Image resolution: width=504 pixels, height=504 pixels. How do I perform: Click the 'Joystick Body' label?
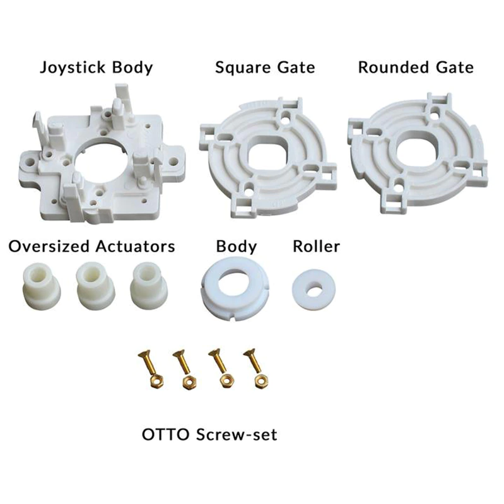coord(96,67)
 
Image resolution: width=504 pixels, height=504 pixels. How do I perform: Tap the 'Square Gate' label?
coord(264,67)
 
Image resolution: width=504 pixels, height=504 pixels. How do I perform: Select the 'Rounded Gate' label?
coord(416,67)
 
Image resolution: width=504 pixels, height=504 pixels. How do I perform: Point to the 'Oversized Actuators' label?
coord(91,246)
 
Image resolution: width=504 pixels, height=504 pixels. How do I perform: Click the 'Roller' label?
coord(316,246)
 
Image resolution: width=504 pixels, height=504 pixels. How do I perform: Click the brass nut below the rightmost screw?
coord(258,381)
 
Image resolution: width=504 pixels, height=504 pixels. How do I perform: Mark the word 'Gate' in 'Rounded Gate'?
coord(453,67)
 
